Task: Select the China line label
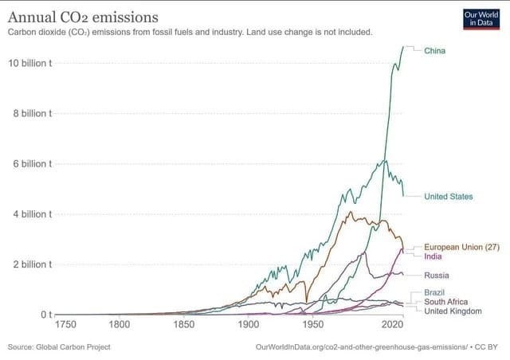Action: click(x=435, y=50)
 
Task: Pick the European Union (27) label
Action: click(x=461, y=247)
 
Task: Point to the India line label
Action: click(x=434, y=256)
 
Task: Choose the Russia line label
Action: click(x=438, y=275)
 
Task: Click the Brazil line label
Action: click(x=435, y=292)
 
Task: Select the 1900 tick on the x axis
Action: click(x=249, y=325)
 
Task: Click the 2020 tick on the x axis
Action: click(x=391, y=325)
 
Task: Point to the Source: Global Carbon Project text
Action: click(x=59, y=347)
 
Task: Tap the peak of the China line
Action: click(x=403, y=47)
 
